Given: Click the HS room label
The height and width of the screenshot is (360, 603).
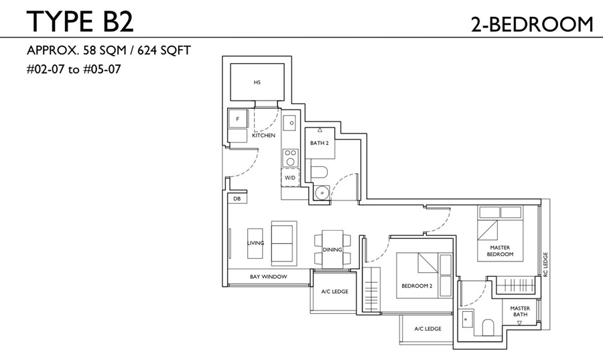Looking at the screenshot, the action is tap(257, 82).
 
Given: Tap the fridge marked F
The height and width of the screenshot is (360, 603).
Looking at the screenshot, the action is tap(238, 119).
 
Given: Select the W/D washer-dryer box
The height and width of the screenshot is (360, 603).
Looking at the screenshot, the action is tap(290, 178).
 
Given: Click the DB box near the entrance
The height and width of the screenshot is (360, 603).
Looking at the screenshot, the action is tap(237, 198).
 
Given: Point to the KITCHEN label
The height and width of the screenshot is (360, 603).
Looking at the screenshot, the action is tap(264, 135).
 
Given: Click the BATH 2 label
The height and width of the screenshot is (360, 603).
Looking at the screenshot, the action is tap(320, 143).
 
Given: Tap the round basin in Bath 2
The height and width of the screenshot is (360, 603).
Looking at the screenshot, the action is tap(321, 192).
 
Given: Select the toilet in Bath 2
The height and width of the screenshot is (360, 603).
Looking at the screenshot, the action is tap(319, 172).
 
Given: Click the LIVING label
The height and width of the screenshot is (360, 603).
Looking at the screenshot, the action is tap(256, 243).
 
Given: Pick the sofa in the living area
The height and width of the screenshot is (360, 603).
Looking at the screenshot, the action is tap(284, 243).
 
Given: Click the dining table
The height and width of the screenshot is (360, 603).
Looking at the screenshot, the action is tap(332, 249).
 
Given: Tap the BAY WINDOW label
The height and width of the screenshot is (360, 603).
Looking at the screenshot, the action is tap(269, 277).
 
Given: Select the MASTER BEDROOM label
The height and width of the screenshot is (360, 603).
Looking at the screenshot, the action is tap(500, 251).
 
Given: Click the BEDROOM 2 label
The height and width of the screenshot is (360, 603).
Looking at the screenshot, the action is tap(417, 286).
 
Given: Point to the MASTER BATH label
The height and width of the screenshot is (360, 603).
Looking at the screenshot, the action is tap(520, 311).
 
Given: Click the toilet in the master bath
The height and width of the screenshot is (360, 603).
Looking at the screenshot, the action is tap(488, 327).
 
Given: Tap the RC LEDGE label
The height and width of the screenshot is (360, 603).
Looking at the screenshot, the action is tap(545, 265).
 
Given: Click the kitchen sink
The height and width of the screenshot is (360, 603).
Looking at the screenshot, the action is tap(289, 123).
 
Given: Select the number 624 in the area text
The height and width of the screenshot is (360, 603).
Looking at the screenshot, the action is tap(147, 50).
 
